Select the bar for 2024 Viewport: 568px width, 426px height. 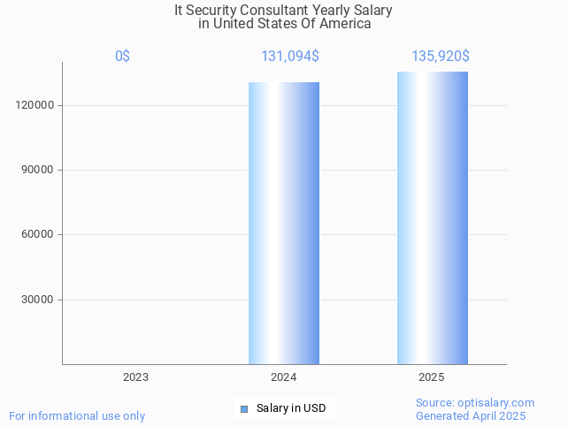point(284,223)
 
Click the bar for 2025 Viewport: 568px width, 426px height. point(433,217)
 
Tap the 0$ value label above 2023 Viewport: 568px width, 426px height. point(122,57)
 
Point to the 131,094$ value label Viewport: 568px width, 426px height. point(290,57)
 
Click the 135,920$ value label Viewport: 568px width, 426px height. point(440,57)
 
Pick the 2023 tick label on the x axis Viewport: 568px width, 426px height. point(135,377)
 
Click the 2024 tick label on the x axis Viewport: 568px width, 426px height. point(284,377)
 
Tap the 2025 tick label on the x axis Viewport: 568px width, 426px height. point(432,377)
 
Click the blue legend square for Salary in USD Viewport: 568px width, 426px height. point(244,408)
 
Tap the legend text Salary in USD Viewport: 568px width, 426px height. point(291,408)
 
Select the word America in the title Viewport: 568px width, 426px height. point(345,24)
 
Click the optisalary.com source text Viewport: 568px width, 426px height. point(475,403)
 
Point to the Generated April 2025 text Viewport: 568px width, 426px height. point(471,416)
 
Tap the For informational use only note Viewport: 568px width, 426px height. point(77,416)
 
